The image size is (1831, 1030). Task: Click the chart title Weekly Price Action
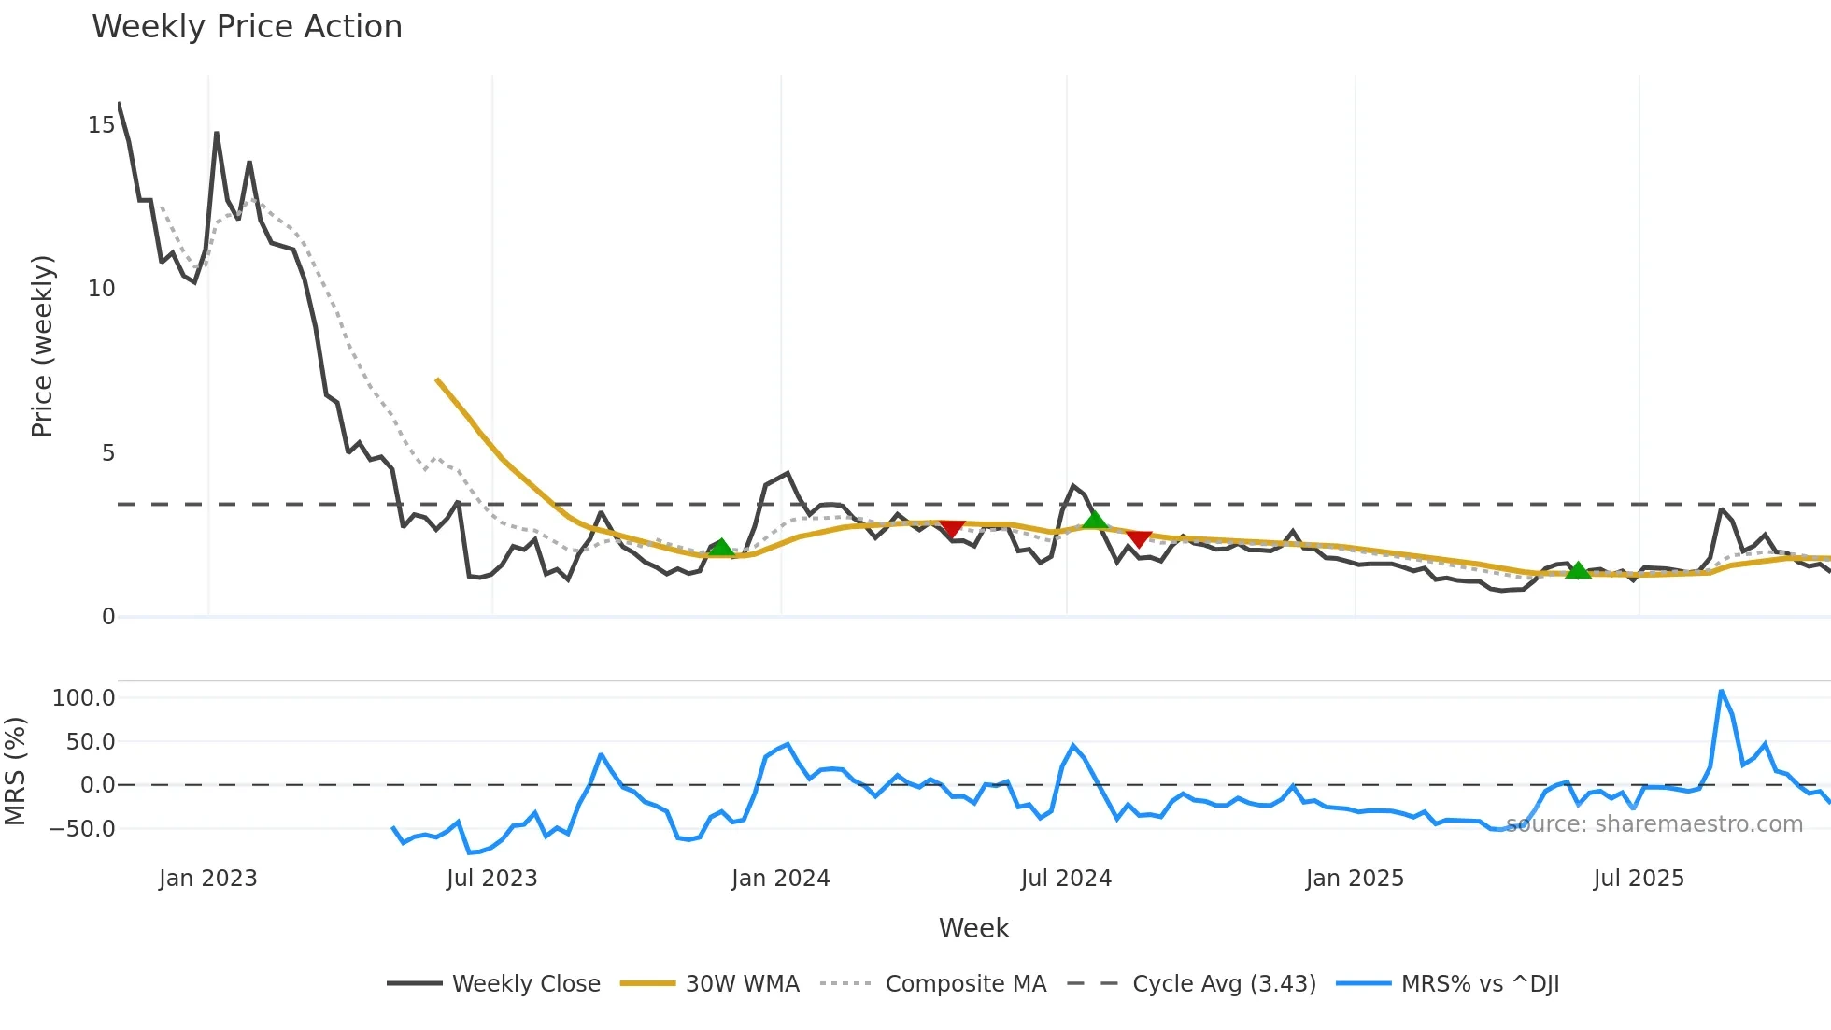[247, 27]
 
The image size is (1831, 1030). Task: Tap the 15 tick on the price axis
[101, 125]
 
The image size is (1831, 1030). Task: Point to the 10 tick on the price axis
[101, 289]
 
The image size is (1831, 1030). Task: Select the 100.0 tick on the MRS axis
[83, 698]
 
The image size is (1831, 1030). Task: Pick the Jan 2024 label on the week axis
[780, 879]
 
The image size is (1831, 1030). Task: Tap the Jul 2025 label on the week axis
[1639, 879]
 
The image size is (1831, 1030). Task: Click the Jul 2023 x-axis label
[491, 879]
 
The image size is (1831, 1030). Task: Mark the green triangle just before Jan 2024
[721, 548]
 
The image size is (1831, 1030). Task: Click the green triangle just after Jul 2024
[1095, 521]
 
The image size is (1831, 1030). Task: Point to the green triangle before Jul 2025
[1578, 570]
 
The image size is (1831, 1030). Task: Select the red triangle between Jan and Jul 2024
[951, 529]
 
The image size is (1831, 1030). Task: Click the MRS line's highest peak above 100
[1721, 692]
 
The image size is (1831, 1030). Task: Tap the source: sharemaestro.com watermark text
[1654, 824]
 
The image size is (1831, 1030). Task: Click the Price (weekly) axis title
[42, 346]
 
